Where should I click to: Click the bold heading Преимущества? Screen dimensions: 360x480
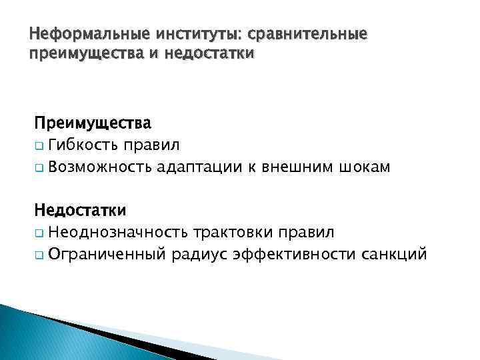93,123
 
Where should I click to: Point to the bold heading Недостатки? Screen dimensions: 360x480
81,211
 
